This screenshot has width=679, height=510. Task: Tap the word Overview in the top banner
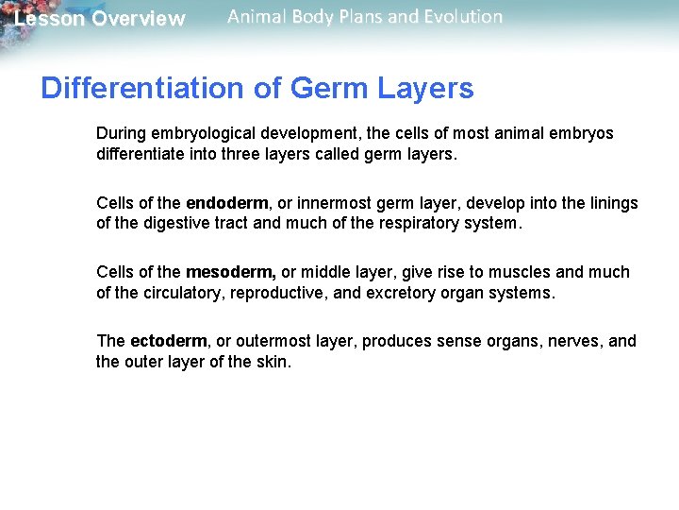pyautogui.click(x=139, y=19)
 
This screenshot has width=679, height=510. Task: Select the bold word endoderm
pyautogui.click(x=227, y=203)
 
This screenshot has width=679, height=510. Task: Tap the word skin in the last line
pyautogui.click(x=273, y=362)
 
